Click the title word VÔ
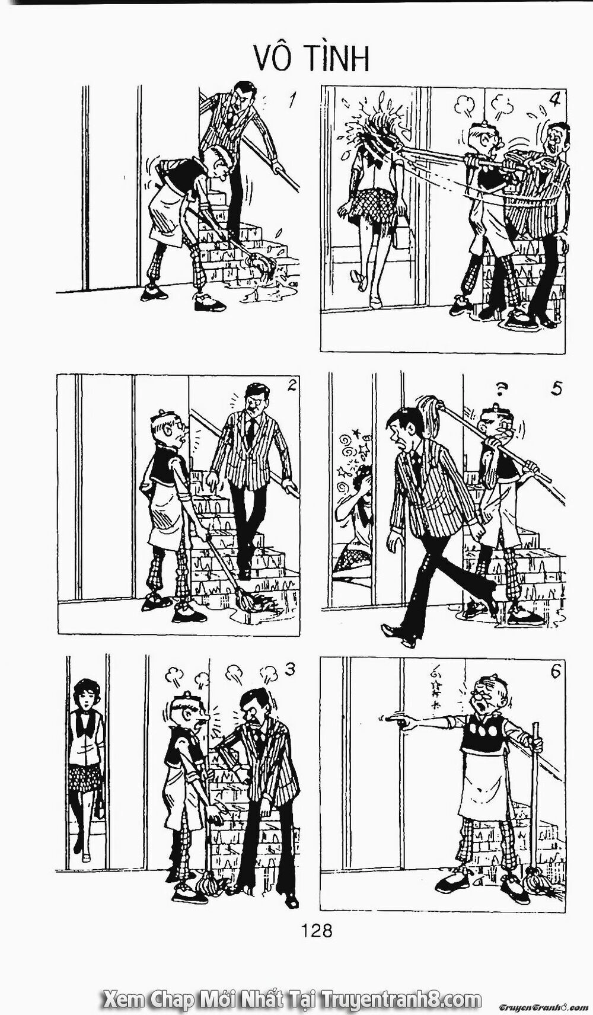click(276, 58)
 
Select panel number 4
click(554, 98)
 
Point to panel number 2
click(291, 385)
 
